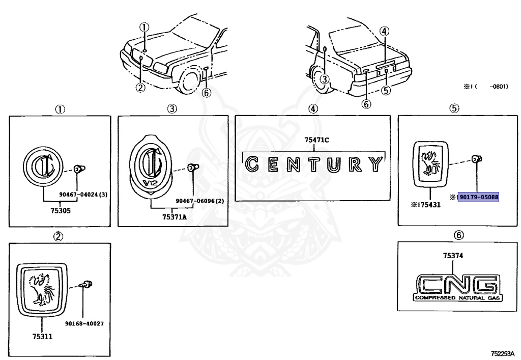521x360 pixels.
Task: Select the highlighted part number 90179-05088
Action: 478,197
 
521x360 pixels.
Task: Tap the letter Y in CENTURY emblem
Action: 374,164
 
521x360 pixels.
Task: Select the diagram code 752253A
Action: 502,353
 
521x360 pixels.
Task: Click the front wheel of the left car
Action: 189,81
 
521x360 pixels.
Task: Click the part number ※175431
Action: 423,205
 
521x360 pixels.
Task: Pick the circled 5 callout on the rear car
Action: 385,91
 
